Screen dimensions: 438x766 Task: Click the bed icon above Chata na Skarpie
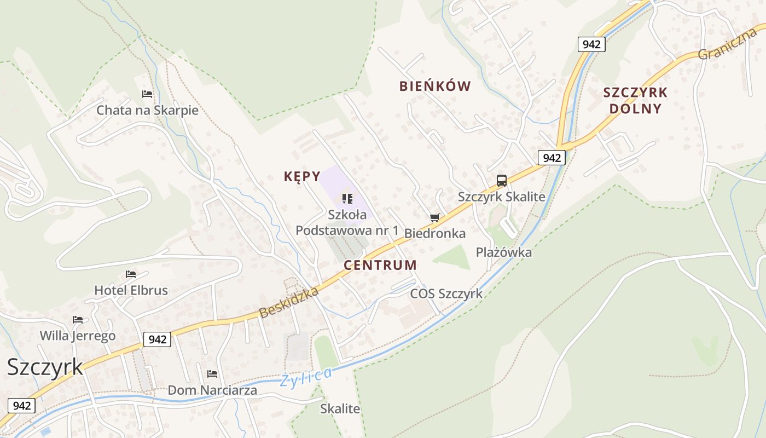tap(147, 94)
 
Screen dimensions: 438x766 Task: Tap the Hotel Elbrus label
tap(131, 290)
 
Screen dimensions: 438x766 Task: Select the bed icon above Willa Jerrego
tap(78, 320)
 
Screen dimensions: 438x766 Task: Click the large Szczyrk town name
tap(45, 367)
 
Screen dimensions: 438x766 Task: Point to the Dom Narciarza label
tap(212, 390)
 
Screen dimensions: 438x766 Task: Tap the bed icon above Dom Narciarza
tap(212, 374)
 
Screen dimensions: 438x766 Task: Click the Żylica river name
tap(306, 377)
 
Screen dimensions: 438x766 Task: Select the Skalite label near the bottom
tap(340, 408)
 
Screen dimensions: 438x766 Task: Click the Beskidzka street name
tap(288, 302)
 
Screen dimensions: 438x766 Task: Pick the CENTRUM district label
tap(380, 265)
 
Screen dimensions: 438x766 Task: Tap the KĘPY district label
tap(302, 176)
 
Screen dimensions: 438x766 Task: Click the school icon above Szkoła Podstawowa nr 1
tap(347, 198)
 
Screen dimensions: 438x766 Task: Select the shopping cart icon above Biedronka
tap(434, 218)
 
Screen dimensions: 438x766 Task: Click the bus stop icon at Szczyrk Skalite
tap(501, 181)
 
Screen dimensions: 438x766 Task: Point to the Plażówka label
tap(504, 252)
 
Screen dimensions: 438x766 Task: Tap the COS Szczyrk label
tap(446, 293)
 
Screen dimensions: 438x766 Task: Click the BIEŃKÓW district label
tap(435, 86)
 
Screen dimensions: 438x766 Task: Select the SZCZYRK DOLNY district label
tap(635, 100)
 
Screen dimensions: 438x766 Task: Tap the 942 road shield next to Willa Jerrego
tap(157, 339)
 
